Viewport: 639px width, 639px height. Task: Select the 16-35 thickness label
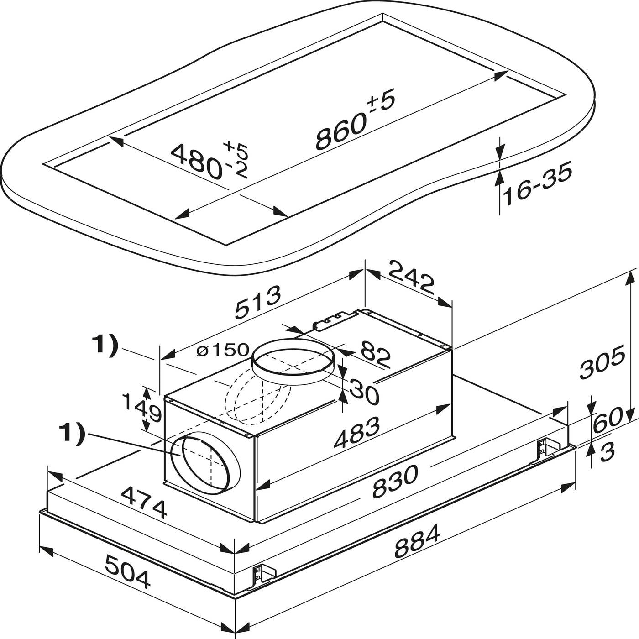(537, 183)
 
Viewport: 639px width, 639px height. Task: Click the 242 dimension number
(411, 277)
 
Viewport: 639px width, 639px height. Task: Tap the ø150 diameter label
(222, 350)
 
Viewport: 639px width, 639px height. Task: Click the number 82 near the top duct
(375, 355)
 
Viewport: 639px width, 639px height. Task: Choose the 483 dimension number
(356, 431)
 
